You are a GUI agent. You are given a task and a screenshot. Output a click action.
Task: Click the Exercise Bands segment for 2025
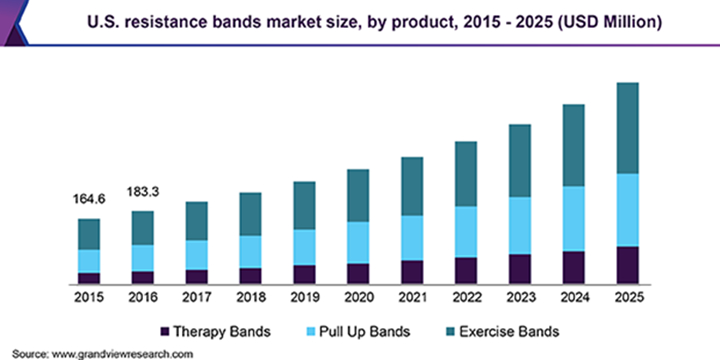click(x=627, y=128)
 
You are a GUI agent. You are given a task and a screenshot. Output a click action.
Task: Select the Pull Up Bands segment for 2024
click(x=573, y=218)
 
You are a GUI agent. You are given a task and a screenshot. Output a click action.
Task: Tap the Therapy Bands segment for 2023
click(x=519, y=269)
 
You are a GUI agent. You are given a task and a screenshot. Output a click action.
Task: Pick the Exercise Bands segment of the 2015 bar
click(x=89, y=234)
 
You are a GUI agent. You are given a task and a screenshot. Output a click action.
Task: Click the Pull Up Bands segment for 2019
click(x=304, y=247)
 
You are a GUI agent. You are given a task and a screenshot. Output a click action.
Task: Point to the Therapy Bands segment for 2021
click(x=412, y=272)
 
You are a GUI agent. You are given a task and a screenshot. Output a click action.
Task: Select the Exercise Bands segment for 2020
click(x=358, y=195)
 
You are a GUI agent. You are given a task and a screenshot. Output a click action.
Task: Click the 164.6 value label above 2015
click(x=89, y=199)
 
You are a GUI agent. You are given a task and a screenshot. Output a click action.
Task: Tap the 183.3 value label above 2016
click(x=143, y=190)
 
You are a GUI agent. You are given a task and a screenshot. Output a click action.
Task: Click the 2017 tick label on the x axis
click(x=197, y=298)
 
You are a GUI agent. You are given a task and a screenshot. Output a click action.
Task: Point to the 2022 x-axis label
click(x=465, y=298)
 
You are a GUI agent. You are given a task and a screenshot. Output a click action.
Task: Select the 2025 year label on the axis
click(x=627, y=298)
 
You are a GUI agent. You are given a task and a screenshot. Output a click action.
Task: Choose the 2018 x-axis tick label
click(x=251, y=298)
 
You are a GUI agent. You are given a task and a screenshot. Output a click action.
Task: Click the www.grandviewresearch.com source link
click(x=121, y=353)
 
